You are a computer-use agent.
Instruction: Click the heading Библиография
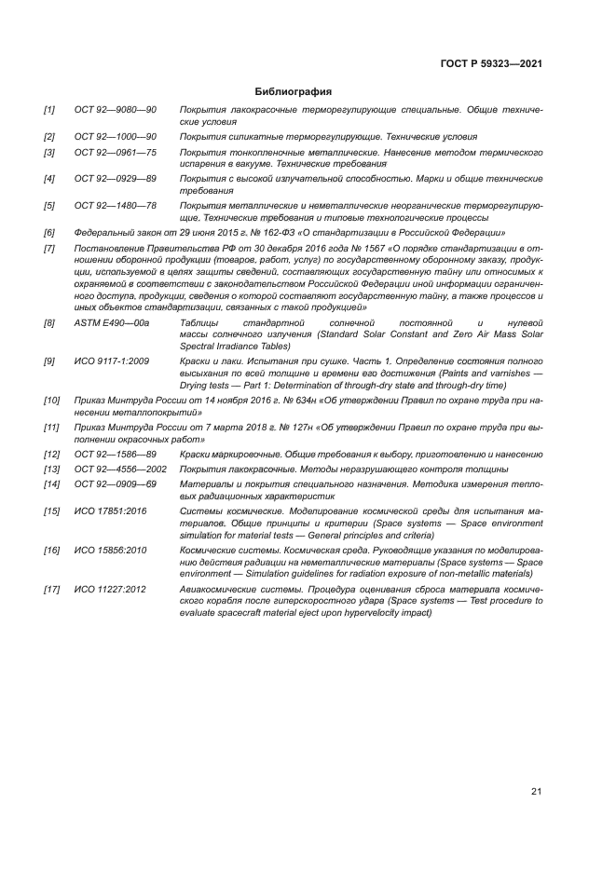coord(294,91)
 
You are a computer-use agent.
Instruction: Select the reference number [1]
coord(49,110)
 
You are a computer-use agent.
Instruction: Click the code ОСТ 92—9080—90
coord(116,110)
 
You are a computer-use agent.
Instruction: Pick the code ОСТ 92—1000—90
coord(116,137)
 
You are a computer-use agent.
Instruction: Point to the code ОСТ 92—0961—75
coord(116,152)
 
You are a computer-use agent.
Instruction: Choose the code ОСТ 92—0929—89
coord(116,178)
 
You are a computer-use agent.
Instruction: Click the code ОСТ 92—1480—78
coord(116,205)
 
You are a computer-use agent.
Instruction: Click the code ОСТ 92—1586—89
coord(116,455)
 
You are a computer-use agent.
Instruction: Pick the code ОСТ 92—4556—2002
coord(120,470)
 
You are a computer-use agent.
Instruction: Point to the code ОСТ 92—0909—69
coord(116,484)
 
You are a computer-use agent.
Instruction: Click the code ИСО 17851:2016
coord(108,511)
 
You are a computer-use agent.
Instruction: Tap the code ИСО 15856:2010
coord(108,550)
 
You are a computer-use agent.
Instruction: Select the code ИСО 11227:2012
coord(108,589)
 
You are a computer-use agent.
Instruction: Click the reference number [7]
coord(49,249)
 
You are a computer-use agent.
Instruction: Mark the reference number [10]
coord(51,400)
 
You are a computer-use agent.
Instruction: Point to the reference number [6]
coord(49,232)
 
